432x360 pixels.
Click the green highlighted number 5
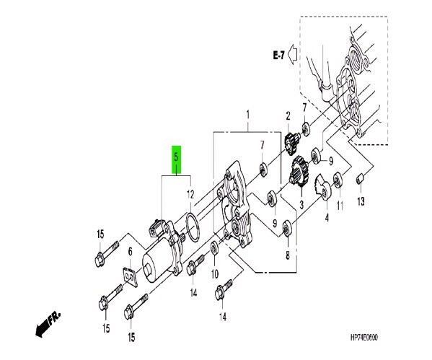[x=176, y=160]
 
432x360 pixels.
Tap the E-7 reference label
[x=279, y=55]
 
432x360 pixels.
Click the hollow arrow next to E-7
[x=292, y=54]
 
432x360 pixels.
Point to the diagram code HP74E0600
[x=363, y=338]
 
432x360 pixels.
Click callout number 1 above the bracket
[x=247, y=115]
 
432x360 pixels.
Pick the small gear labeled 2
[x=291, y=143]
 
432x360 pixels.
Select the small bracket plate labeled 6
[x=130, y=276]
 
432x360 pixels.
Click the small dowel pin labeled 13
[x=360, y=177]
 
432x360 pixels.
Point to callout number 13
[x=361, y=201]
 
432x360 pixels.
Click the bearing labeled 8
[x=287, y=229]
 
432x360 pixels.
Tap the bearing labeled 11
[x=338, y=180]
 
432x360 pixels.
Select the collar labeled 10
[x=214, y=248]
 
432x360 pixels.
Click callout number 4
[x=327, y=218]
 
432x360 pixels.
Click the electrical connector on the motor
[x=156, y=227]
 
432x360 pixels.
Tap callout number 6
[x=130, y=252]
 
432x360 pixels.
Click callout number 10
[x=215, y=273]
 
